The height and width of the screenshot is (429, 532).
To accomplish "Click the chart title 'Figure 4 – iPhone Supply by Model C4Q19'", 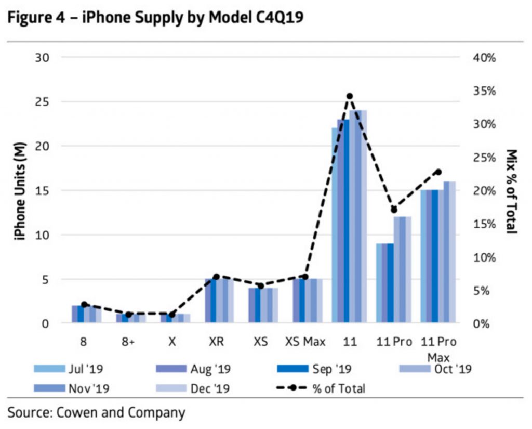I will pyautogui.click(x=155, y=17).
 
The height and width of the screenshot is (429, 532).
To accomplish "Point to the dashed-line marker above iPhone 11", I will pyautogui.click(x=350, y=96).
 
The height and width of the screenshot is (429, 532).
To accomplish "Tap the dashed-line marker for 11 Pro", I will pyautogui.click(x=394, y=210).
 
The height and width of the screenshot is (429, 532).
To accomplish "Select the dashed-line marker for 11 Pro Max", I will pyautogui.click(x=438, y=172).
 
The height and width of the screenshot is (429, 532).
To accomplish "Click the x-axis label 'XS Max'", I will pyautogui.click(x=305, y=342).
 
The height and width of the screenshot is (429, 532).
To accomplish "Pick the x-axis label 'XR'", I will pyautogui.click(x=217, y=342).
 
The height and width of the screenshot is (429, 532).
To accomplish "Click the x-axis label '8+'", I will pyautogui.click(x=129, y=342).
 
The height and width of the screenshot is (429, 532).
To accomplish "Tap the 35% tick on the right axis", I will pyautogui.click(x=484, y=90).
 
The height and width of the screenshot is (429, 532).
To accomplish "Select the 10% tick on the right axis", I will pyautogui.click(x=484, y=257).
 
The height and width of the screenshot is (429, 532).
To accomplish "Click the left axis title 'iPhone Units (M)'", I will pyautogui.click(x=20, y=190).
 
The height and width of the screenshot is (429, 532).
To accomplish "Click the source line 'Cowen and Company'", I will pyautogui.click(x=97, y=413).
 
